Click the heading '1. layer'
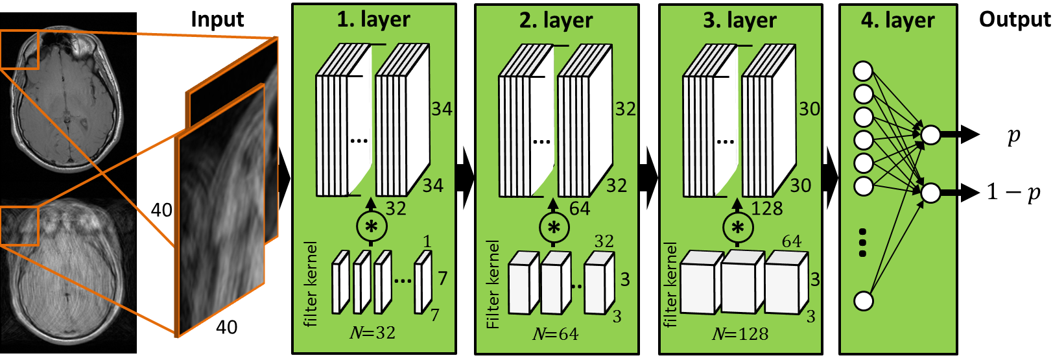(x=373, y=19)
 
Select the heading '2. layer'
(x=556, y=20)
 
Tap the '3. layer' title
(x=740, y=20)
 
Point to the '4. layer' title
(x=897, y=20)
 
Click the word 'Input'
(x=217, y=19)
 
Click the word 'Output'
(x=1014, y=19)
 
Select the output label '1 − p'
(x=1013, y=193)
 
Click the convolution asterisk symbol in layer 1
(x=372, y=226)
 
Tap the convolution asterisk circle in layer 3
(x=738, y=227)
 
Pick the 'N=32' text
(x=372, y=333)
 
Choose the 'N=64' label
(x=555, y=334)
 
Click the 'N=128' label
(x=740, y=334)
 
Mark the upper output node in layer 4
(x=930, y=135)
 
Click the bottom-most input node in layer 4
(x=863, y=301)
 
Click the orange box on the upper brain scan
(x=19, y=49)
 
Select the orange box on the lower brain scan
(x=19, y=226)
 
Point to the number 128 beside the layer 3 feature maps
(x=767, y=208)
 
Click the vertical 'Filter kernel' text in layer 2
(x=493, y=284)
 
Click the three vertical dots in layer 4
(x=862, y=243)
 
